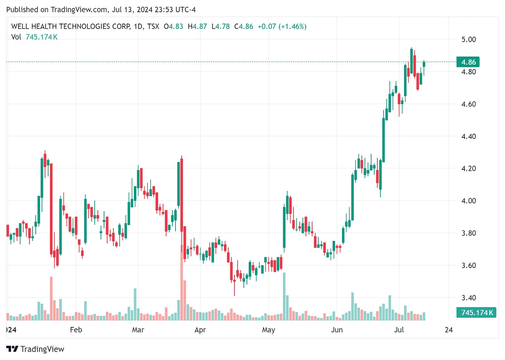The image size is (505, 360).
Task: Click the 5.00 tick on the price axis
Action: point(468,40)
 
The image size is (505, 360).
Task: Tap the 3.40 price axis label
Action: point(468,298)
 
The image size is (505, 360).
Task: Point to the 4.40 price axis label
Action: point(468,136)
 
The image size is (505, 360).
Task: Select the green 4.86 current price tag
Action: point(468,62)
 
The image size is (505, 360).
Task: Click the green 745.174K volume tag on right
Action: point(476,313)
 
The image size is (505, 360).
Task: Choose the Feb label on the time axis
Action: point(76,330)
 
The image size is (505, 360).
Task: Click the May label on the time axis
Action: point(268,330)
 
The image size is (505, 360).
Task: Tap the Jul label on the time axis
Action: point(399,330)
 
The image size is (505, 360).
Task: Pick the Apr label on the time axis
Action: point(200,330)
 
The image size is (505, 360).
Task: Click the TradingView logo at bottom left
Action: point(35,349)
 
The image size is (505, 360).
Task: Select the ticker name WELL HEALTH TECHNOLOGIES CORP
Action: point(71,26)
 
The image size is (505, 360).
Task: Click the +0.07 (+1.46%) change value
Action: point(282,26)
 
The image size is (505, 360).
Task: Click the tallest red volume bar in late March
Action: point(181,283)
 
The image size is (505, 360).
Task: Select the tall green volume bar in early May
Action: point(284,297)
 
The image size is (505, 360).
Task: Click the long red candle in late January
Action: point(51,208)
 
